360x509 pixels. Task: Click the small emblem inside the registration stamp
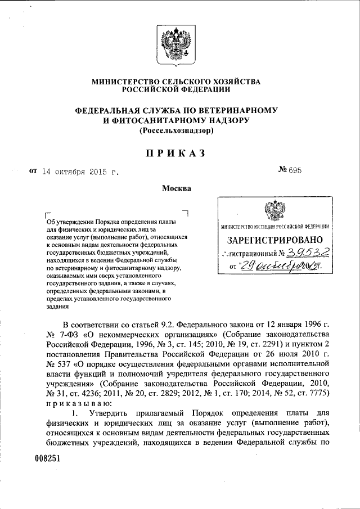(273, 214)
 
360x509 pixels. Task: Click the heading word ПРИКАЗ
(176, 152)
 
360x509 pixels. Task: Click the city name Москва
(177, 188)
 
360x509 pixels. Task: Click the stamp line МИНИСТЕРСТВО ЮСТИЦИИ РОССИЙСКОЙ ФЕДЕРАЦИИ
(274, 227)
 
